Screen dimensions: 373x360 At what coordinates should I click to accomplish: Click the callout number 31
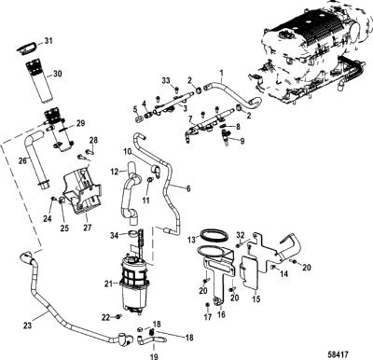pyautogui.click(x=48, y=41)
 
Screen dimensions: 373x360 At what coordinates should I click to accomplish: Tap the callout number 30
pyautogui.click(x=57, y=74)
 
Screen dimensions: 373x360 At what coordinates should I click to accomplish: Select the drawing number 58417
pyautogui.click(x=338, y=354)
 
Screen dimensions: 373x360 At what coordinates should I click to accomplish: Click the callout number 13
pyautogui.click(x=192, y=240)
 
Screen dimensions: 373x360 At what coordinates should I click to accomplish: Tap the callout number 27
pyautogui.click(x=88, y=228)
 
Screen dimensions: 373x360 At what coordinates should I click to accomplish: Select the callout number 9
pyautogui.click(x=242, y=141)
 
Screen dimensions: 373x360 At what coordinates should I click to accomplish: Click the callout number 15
pyautogui.click(x=256, y=299)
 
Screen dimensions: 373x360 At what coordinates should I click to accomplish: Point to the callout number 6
pyautogui.click(x=188, y=188)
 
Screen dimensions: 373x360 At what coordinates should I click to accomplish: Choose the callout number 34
pyautogui.click(x=115, y=236)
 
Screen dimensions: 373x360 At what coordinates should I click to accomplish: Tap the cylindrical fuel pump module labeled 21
pyautogui.click(x=136, y=283)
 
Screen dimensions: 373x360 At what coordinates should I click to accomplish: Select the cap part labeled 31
pyautogui.click(x=26, y=48)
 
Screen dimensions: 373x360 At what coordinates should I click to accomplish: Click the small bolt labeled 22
pyautogui.click(x=118, y=317)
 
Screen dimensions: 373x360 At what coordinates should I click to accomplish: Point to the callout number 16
pyautogui.click(x=221, y=314)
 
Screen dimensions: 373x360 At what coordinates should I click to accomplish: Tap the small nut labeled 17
pyautogui.click(x=208, y=304)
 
